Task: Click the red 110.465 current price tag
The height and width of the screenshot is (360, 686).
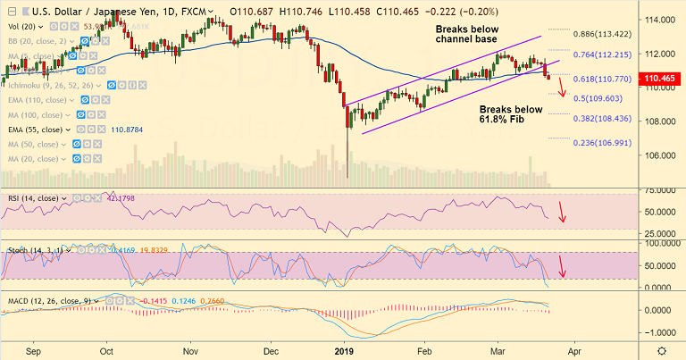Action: click(662, 79)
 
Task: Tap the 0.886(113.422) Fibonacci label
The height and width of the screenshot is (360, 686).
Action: click(605, 35)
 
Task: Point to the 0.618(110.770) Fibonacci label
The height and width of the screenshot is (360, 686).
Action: click(605, 79)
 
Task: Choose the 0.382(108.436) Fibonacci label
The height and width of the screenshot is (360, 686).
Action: click(605, 118)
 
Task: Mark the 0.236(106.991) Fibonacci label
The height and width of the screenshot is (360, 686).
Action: click(605, 142)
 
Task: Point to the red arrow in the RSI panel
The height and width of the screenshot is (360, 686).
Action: click(562, 213)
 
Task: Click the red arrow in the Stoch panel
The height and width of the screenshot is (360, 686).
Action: click(562, 265)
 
